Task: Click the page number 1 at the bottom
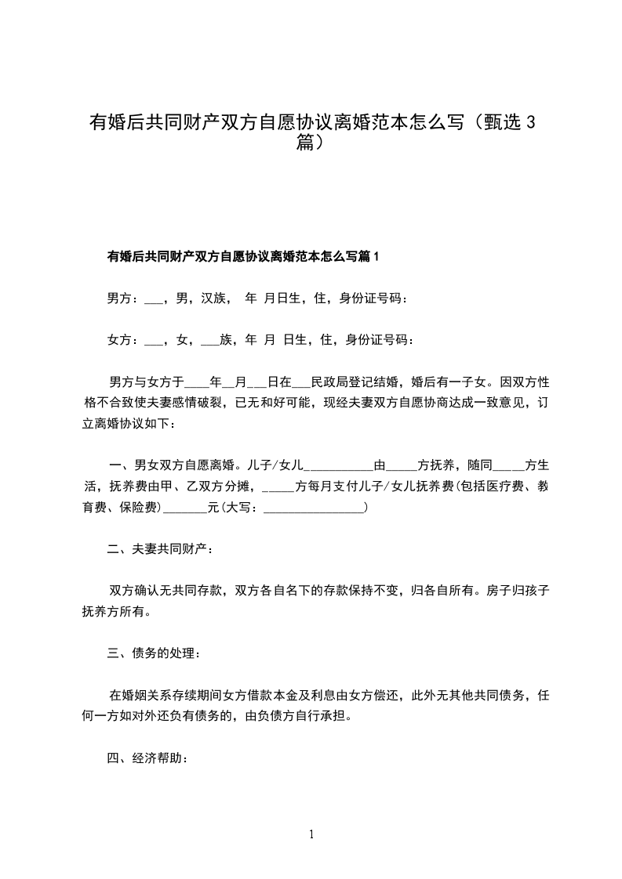(x=311, y=834)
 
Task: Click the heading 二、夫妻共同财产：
(x=159, y=551)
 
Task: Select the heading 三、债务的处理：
(x=159, y=653)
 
